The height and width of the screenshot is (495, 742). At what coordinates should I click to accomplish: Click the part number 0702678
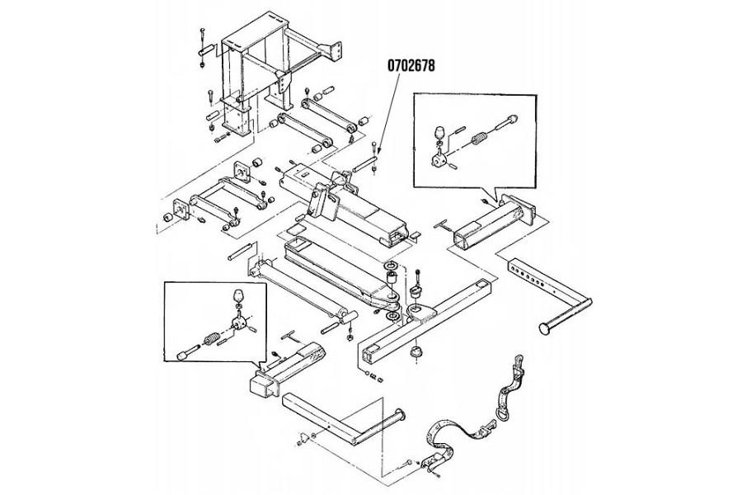pos(411,65)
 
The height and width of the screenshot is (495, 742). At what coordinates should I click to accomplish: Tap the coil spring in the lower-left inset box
pos(211,339)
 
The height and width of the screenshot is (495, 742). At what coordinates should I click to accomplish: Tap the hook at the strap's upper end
pos(519,365)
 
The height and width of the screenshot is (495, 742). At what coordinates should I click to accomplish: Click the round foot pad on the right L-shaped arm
pos(546,328)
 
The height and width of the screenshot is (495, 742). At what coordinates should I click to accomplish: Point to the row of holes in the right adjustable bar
pos(528,276)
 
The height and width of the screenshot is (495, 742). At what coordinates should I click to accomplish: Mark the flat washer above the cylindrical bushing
pos(392,264)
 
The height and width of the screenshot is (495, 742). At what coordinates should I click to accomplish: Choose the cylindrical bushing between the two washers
pos(392,279)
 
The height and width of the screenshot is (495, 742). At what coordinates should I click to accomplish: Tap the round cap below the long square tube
pos(416,352)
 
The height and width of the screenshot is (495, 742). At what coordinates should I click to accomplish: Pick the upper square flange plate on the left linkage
pos(242,172)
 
